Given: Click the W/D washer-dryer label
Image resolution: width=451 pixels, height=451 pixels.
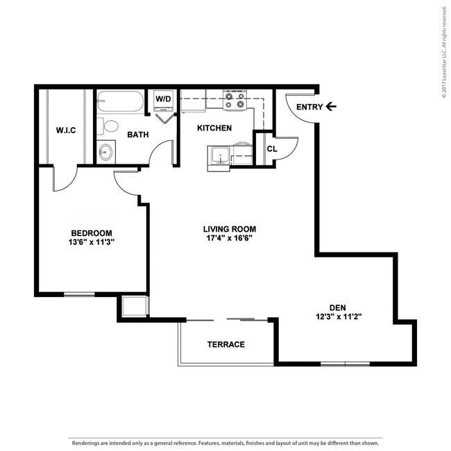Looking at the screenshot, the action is [x=163, y=99].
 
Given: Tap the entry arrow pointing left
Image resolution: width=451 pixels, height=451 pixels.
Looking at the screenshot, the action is [x=331, y=107].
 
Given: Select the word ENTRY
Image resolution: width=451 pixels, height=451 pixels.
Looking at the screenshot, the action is [x=309, y=107].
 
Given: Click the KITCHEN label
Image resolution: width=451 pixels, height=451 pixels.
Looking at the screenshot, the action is [x=214, y=128].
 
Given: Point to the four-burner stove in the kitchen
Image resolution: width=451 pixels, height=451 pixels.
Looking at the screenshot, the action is [x=235, y=100].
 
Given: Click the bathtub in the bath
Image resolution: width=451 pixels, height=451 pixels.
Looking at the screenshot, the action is [x=120, y=101].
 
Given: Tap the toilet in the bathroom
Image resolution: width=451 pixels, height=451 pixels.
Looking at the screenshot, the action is [x=108, y=126].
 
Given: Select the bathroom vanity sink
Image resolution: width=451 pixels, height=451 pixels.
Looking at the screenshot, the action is [x=106, y=152].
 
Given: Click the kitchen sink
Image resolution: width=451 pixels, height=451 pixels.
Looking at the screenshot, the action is [x=221, y=156].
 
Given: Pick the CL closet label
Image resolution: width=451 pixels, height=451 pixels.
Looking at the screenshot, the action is [x=272, y=149].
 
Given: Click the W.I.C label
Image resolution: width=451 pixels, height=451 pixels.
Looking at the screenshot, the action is [x=66, y=130].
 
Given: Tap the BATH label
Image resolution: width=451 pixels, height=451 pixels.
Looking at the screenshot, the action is [x=138, y=135].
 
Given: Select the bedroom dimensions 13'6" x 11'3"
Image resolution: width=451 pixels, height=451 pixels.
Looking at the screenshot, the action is [x=92, y=242].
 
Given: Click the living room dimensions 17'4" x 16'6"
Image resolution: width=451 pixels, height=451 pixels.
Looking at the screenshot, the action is [x=230, y=238].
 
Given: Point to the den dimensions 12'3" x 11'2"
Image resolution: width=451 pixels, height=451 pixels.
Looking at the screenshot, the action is [x=339, y=316].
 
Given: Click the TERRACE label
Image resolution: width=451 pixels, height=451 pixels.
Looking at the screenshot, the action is [x=226, y=344].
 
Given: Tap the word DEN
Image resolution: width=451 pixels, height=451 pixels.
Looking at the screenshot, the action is [x=338, y=308].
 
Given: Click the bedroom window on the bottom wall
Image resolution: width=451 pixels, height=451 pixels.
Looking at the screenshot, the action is [x=79, y=294].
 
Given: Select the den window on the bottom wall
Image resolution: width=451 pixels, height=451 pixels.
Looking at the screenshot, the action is [x=345, y=364].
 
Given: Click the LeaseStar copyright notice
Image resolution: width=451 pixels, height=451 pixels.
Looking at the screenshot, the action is [x=445, y=52].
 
